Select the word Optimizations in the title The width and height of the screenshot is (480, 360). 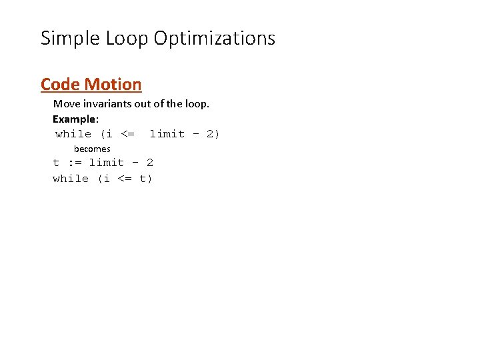[214, 39]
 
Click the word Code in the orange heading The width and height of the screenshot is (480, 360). [59, 85]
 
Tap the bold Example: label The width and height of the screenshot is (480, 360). [75, 119]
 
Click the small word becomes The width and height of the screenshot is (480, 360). [92, 149]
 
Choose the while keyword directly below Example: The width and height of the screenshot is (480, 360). [73, 134]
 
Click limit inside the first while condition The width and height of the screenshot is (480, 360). [167, 134]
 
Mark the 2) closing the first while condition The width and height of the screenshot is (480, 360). [213, 134]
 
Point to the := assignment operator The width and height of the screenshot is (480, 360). [74, 163]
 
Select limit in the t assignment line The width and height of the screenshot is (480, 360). [107, 163]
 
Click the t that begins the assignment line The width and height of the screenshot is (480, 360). [56, 163]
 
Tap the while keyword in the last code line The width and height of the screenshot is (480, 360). [71, 179]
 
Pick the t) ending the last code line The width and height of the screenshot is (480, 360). [146, 179]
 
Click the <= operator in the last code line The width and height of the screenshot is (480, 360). [124, 179]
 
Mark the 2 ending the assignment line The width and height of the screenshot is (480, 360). [149, 163]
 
